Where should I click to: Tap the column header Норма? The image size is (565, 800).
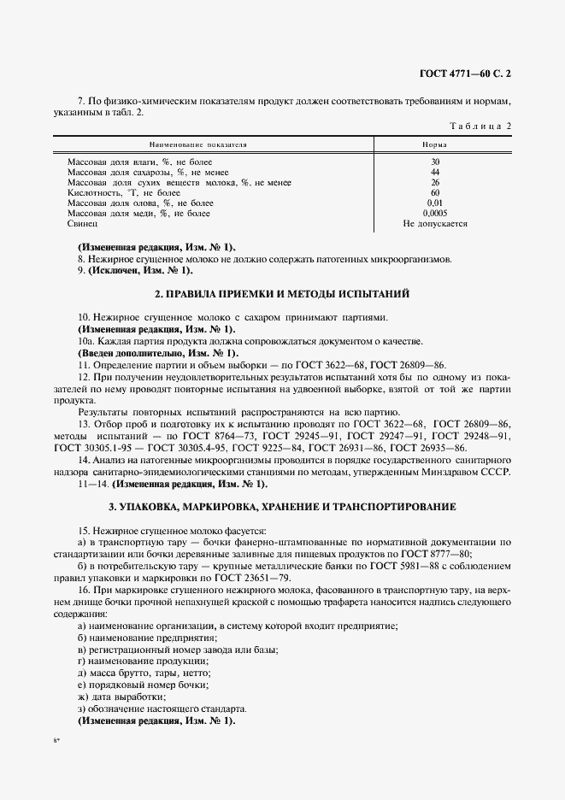pos(435,145)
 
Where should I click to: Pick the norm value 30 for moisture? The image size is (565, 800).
pos(435,162)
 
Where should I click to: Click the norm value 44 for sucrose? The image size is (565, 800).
pos(435,172)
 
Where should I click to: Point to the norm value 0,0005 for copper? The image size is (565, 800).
pos(435,213)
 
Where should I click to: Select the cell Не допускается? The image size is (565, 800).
pos(435,223)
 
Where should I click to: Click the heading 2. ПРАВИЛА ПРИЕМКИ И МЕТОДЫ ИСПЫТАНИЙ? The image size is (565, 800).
pos(282,295)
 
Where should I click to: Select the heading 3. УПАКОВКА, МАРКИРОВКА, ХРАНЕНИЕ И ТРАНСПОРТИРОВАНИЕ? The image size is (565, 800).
pos(282,507)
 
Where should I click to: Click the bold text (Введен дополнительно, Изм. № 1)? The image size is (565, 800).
pos(158,353)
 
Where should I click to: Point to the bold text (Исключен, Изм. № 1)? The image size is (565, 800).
pos(135,271)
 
